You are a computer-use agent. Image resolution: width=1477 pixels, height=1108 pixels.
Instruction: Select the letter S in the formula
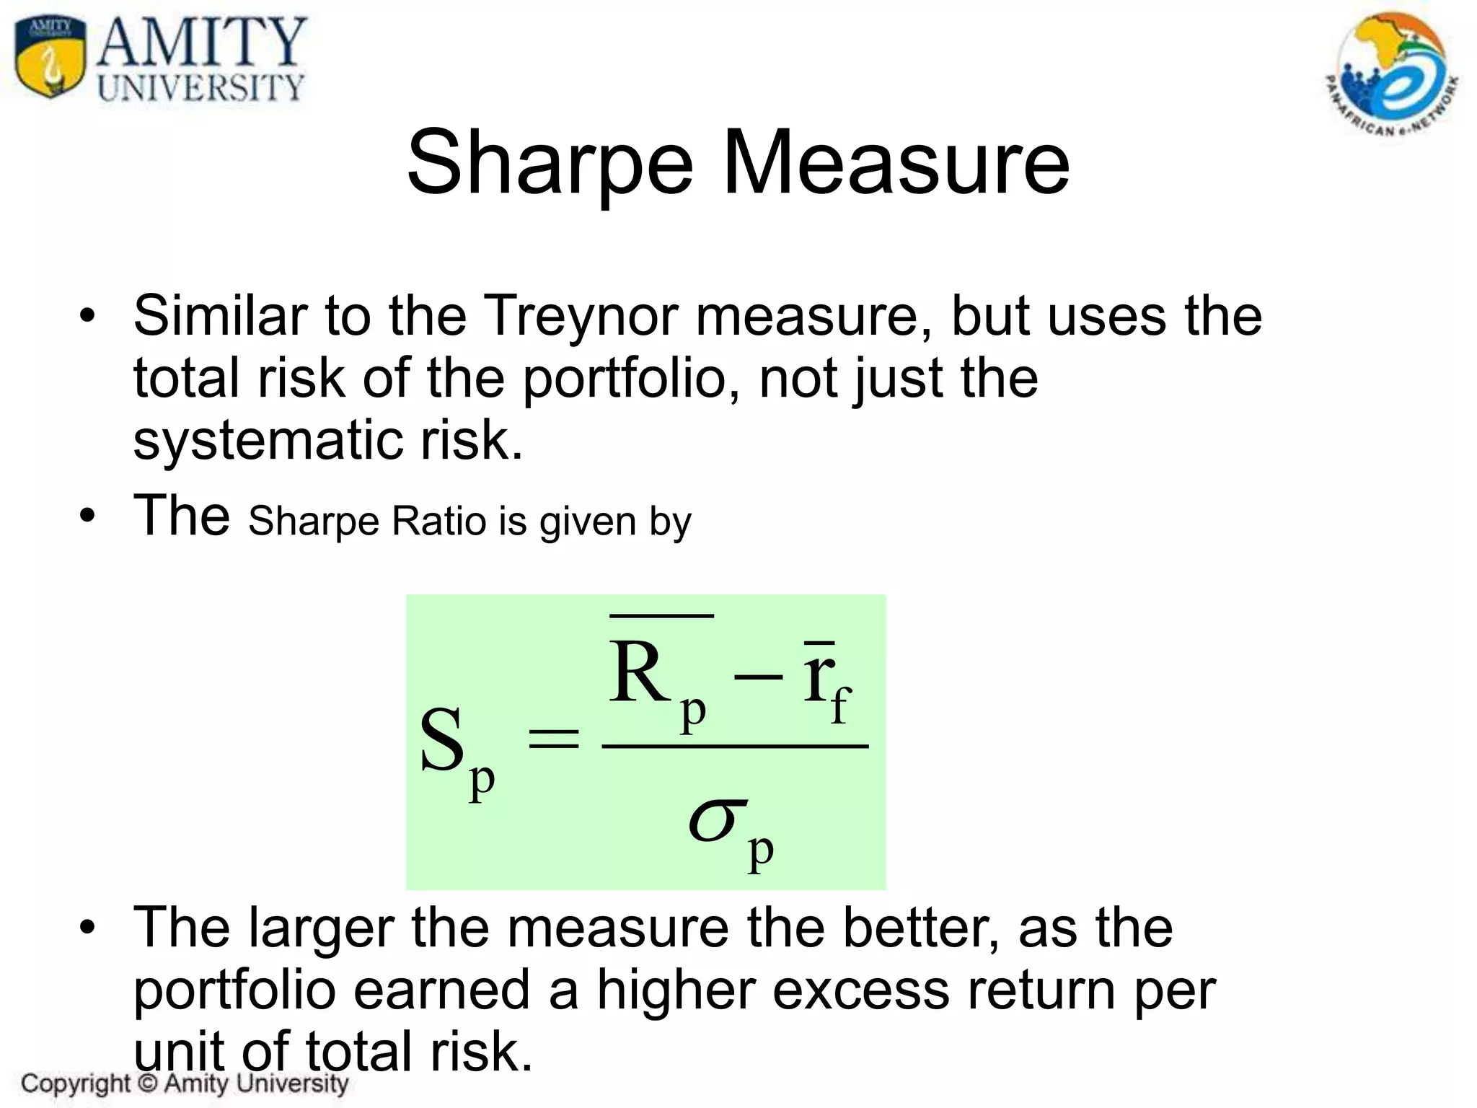(441, 740)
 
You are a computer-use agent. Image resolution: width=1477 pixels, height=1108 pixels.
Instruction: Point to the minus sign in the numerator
(757, 677)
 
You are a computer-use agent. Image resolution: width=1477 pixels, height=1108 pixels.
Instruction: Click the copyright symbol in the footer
(147, 1083)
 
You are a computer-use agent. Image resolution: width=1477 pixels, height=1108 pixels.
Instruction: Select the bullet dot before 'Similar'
(87, 317)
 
